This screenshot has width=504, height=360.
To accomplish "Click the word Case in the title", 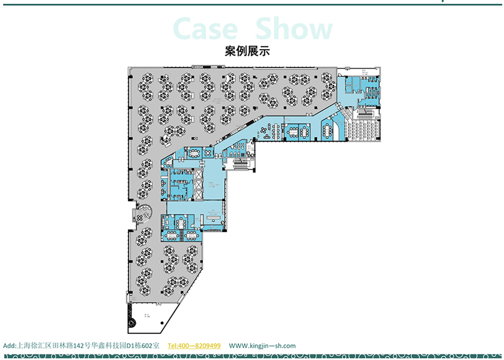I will click(205, 29).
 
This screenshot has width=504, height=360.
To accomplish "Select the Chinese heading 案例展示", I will click(251, 52).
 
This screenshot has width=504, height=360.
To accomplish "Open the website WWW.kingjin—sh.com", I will click(262, 346).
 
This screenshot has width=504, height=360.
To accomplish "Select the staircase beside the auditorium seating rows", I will click(365, 114).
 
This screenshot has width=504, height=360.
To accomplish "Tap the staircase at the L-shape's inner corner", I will click(239, 164).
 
